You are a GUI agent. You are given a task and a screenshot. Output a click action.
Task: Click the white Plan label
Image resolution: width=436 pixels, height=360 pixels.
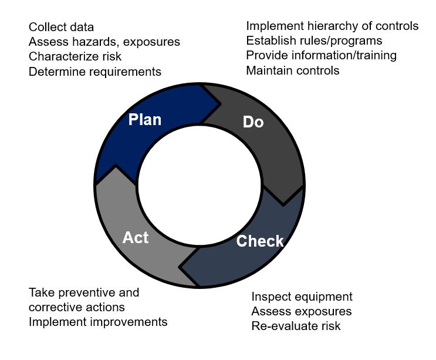[145, 120]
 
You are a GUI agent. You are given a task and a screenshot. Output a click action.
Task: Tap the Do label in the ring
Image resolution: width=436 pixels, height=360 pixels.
[253, 122]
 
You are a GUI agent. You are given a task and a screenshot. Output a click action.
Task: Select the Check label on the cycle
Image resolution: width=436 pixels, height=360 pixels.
[260, 241]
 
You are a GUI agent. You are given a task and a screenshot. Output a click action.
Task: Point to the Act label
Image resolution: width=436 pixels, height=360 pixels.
[136, 238]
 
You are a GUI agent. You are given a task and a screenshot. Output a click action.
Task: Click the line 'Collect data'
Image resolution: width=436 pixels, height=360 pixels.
[61, 27]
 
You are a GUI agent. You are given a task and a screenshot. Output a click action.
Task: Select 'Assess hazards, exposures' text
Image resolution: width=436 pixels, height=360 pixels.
[104, 42]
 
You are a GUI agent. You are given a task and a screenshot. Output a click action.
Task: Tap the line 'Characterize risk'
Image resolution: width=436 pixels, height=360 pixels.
[75, 56]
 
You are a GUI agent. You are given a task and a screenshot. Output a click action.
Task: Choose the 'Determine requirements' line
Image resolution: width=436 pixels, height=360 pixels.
[95, 72]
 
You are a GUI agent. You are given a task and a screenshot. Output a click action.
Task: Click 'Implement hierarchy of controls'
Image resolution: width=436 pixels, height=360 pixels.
[332, 26]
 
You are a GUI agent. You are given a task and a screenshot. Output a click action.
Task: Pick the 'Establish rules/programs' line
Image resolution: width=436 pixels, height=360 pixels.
[314, 41]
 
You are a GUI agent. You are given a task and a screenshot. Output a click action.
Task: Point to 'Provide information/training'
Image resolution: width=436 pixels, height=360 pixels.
[322, 56]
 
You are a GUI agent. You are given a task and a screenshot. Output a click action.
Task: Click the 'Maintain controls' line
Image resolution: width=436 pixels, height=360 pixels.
[293, 70]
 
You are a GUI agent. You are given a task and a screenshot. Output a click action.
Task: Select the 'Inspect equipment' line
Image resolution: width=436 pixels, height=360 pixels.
[302, 297]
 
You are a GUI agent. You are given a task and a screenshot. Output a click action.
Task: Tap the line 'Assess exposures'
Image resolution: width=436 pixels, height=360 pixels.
[302, 311]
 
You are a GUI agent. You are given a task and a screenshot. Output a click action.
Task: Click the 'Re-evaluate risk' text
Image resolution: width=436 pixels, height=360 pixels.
[296, 326]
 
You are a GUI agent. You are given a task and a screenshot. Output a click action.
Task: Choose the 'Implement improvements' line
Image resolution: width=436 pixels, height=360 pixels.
[98, 322]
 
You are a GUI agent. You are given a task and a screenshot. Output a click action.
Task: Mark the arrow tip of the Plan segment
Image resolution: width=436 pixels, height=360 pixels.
[221, 105]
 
